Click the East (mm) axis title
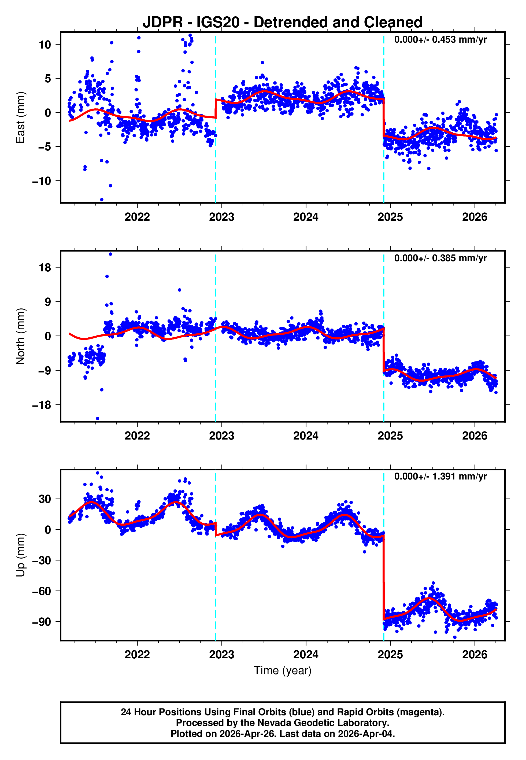[20, 117]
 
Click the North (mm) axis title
[20, 336]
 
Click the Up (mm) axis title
[20, 555]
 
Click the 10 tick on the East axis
[45, 45]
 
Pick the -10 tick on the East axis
[42, 181]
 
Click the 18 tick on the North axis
[45, 268]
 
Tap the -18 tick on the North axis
[42, 405]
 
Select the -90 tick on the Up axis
[42, 622]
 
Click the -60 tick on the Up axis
[42, 591]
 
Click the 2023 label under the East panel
[221, 217]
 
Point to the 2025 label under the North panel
[390, 436]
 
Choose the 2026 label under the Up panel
[475, 655]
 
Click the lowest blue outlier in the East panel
[102, 200]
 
